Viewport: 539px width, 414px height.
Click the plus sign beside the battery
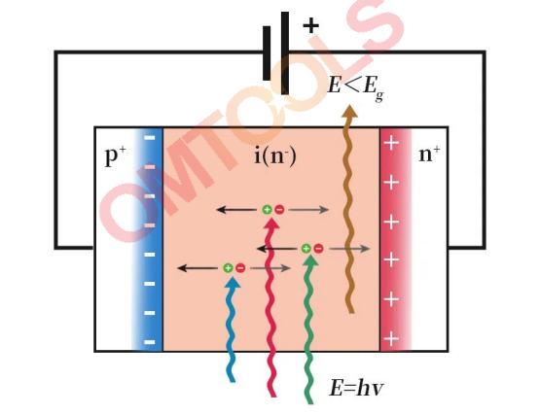pyautogui.click(x=310, y=25)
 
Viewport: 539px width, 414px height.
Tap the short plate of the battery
pyautogui.click(x=267, y=53)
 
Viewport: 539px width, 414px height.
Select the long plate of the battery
pyautogui.click(x=285, y=52)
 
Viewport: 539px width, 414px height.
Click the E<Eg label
pyautogui.click(x=355, y=87)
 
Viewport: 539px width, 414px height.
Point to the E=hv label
pyautogui.click(x=356, y=388)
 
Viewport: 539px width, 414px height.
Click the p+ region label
pyautogui.click(x=116, y=155)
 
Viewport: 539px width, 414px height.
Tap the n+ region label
pyautogui.click(x=429, y=154)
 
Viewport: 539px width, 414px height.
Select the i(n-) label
pyautogui.click(x=275, y=156)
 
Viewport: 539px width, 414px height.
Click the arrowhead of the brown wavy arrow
pyautogui.click(x=349, y=112)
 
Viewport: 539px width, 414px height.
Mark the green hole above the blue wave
pyautogui.click(x=228, y=268)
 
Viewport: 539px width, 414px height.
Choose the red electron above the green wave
pyautogui.click(x=319, y=248)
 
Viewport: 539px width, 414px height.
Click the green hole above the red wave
pyautogui.click(x=267, y=209)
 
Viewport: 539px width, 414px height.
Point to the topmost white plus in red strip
pyautogui.click(x=391, y=143)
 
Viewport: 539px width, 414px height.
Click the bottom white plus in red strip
pyautogui.click(x=391, y=339)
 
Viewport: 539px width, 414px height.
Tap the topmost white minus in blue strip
pyautogui.click(x=150, y=138)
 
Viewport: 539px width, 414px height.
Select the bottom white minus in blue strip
pyautogui.click(x=150, y=342)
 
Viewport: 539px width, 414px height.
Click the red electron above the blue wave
pyautogui.click(x=240, y=268)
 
